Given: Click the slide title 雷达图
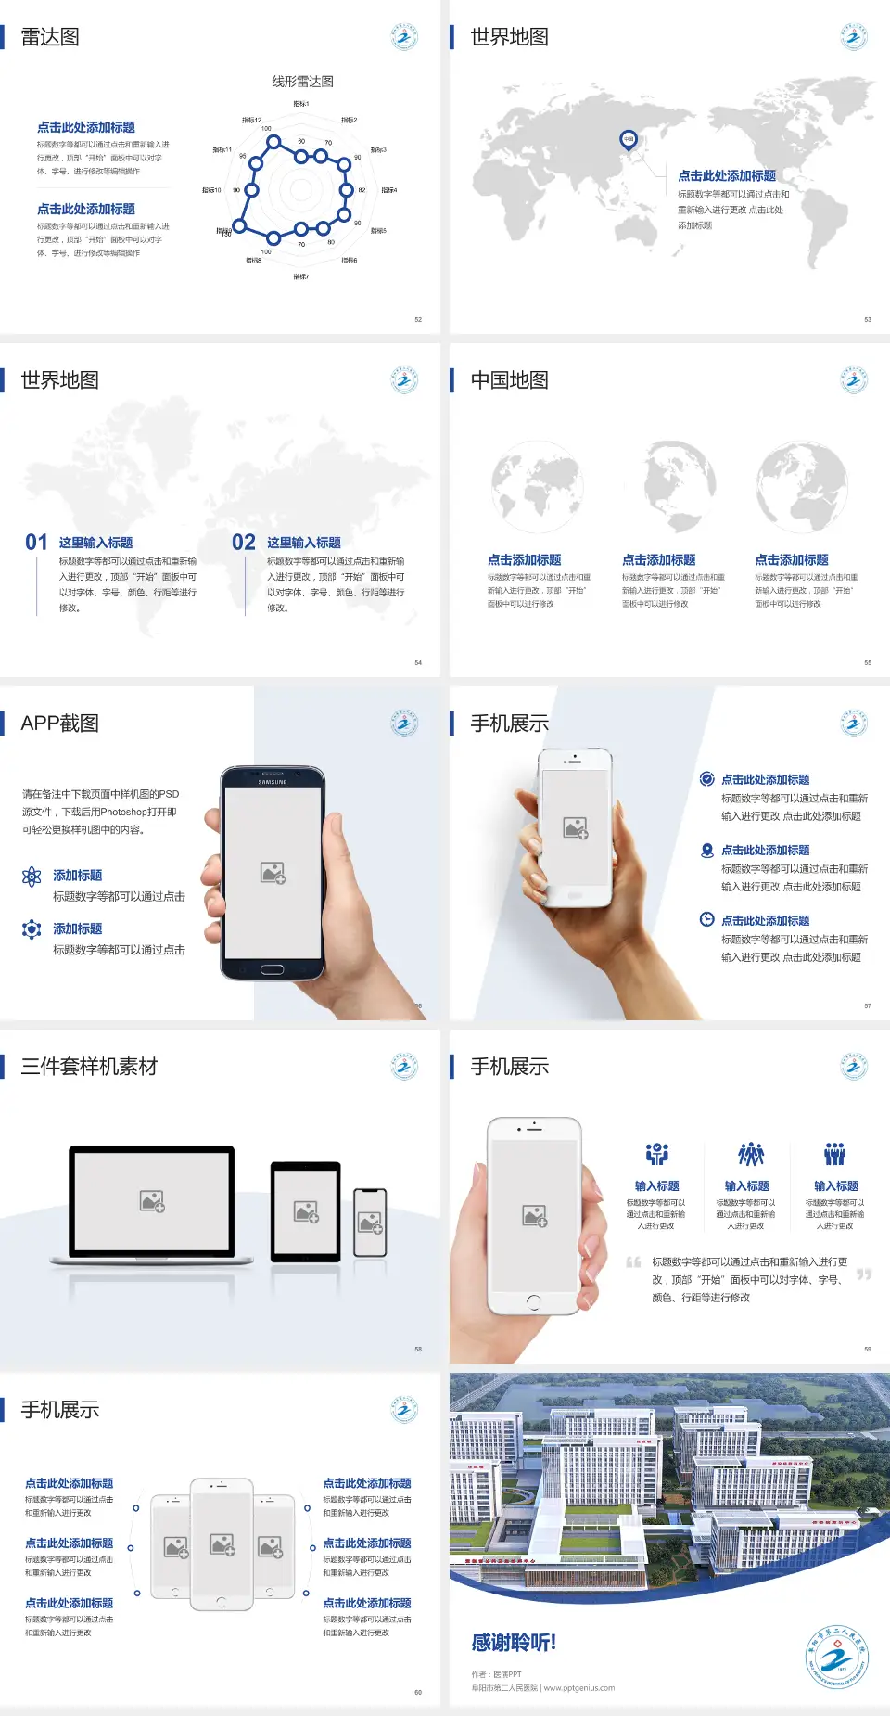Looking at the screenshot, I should click(50, 37).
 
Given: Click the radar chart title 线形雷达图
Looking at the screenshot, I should click(302, 82).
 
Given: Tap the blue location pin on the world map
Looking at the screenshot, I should click(629, 139).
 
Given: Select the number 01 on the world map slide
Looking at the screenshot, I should click(36, 543).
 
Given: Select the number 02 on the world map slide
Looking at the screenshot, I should click(244, 543).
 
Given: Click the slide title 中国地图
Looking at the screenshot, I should click(509, 380).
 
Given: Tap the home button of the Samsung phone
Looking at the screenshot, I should click(272, 969).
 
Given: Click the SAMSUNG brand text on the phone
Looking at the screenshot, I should click(273, 782).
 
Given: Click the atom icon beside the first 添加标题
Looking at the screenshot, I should click(32, 877).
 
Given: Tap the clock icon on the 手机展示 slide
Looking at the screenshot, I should click(706, 919).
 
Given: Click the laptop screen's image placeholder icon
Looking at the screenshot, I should click(152, 1201).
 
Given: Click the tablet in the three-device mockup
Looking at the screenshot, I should click(306, 1210).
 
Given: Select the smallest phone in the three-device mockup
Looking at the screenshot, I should click(370, 1223).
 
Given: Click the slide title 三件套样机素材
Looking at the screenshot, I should click(89, 1067).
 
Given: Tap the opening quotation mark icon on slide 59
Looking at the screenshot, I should click(633, 1261).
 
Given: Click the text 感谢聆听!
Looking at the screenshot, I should click(514, 1643).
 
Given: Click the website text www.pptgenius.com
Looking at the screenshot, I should click(579, 1688).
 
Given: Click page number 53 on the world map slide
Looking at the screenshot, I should click(868, 319).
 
